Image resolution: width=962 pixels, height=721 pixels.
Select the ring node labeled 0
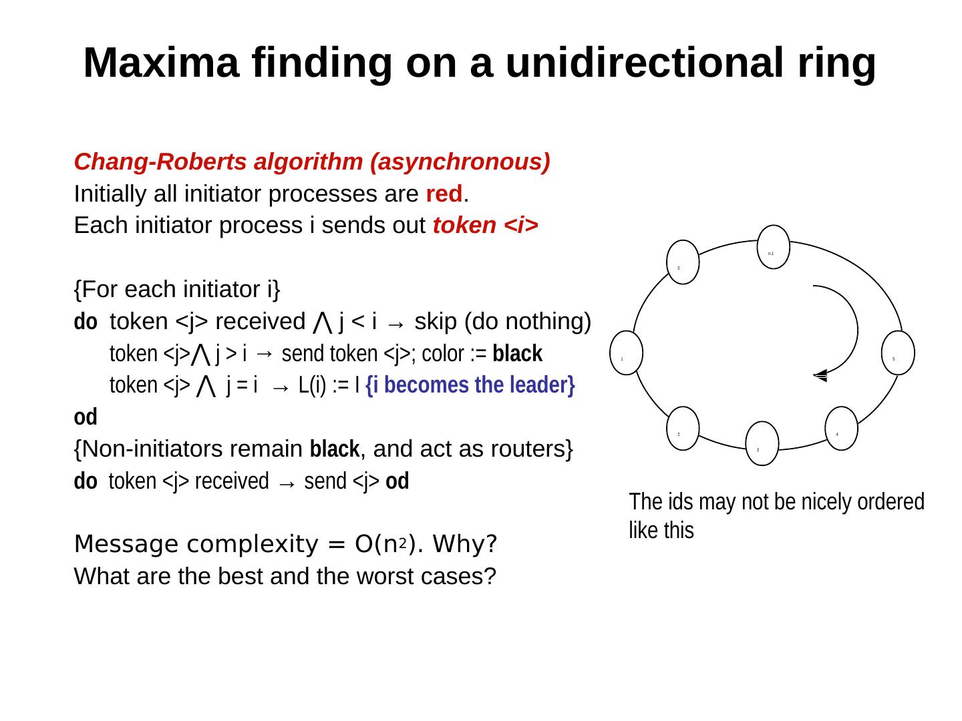[683, 261]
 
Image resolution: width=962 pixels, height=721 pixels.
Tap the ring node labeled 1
[626, 352]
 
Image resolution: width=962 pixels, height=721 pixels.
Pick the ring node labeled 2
[683, 428]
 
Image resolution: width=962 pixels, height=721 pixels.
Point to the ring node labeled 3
[762, 443]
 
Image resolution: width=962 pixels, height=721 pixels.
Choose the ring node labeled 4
[841, 428]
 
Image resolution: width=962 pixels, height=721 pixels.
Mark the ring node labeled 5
[898, 352]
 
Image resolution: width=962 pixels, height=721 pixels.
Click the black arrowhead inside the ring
[821, 376]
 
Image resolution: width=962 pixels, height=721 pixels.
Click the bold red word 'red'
[444, 194]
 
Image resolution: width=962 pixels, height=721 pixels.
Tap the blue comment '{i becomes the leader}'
[470, 386]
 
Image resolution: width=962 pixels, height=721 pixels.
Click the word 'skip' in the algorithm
[436, 322]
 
